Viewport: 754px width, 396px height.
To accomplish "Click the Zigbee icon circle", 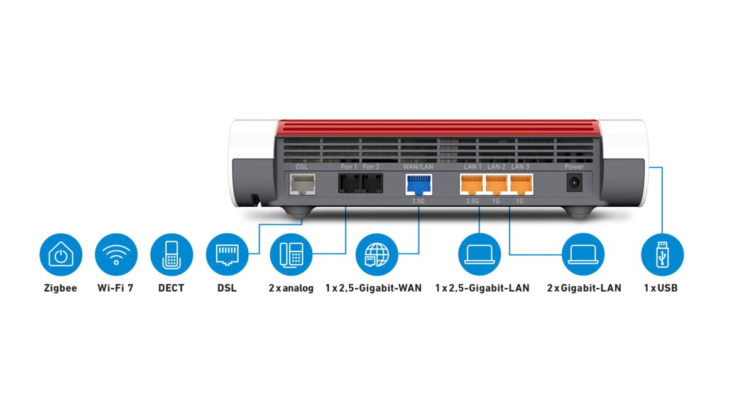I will [61, 255].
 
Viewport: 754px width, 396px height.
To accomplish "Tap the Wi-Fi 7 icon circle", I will [116, 255].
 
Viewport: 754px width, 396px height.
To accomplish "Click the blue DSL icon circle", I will [227, 255].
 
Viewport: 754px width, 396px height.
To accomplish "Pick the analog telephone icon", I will [292, 255].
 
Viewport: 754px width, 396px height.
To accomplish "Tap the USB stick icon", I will [662, 255].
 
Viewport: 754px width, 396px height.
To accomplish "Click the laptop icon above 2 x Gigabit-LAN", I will [583, 255].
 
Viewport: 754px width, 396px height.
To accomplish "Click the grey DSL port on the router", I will [302, 184].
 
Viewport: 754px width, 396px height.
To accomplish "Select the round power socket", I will [574, 184].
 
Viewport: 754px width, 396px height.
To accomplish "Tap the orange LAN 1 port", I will [472, 184].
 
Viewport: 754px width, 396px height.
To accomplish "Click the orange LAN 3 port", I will [520, 184].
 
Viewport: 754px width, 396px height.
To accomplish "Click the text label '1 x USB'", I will [661, 289].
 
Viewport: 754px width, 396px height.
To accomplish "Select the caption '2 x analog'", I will [291, 289].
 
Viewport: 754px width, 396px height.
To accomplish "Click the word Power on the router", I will [574, 167].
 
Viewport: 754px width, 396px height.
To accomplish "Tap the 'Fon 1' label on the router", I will [349, 167].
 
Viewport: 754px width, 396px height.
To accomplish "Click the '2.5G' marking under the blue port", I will [418, 201].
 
